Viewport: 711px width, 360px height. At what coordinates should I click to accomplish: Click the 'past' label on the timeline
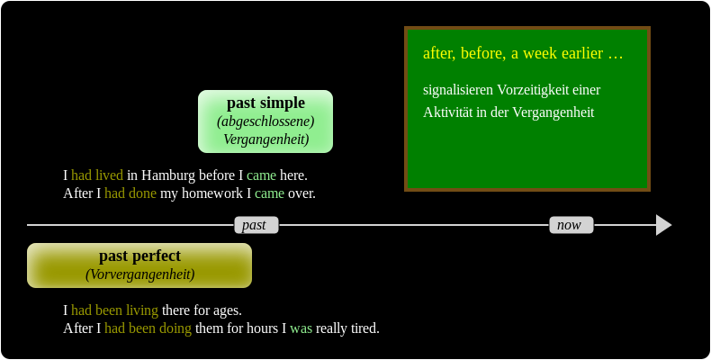pos(256,225)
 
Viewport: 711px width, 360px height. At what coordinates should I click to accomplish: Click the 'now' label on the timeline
pos(571,225)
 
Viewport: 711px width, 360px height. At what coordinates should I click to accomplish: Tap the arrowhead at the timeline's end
pos(663,225)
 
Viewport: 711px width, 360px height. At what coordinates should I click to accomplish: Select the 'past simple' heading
pos(265,103)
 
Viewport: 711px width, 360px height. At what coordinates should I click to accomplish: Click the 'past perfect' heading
pos(139,256)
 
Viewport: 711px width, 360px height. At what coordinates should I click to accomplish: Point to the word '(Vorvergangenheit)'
pos(139,274)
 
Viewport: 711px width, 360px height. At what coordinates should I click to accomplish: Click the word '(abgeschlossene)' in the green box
pos(265,121)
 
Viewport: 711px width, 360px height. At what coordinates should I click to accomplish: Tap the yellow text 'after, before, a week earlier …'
pos(523,53)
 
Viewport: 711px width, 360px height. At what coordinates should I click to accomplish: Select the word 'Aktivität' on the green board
pos(451,112)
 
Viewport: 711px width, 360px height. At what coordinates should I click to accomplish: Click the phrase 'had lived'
pos(97,175)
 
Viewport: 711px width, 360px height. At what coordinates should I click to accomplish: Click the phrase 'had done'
pos(130,193)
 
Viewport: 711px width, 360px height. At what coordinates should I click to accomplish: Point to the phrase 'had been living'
pos(114,310)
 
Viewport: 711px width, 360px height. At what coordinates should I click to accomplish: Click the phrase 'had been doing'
pos(148,328)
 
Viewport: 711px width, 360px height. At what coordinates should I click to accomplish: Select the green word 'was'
pos(301,328)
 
